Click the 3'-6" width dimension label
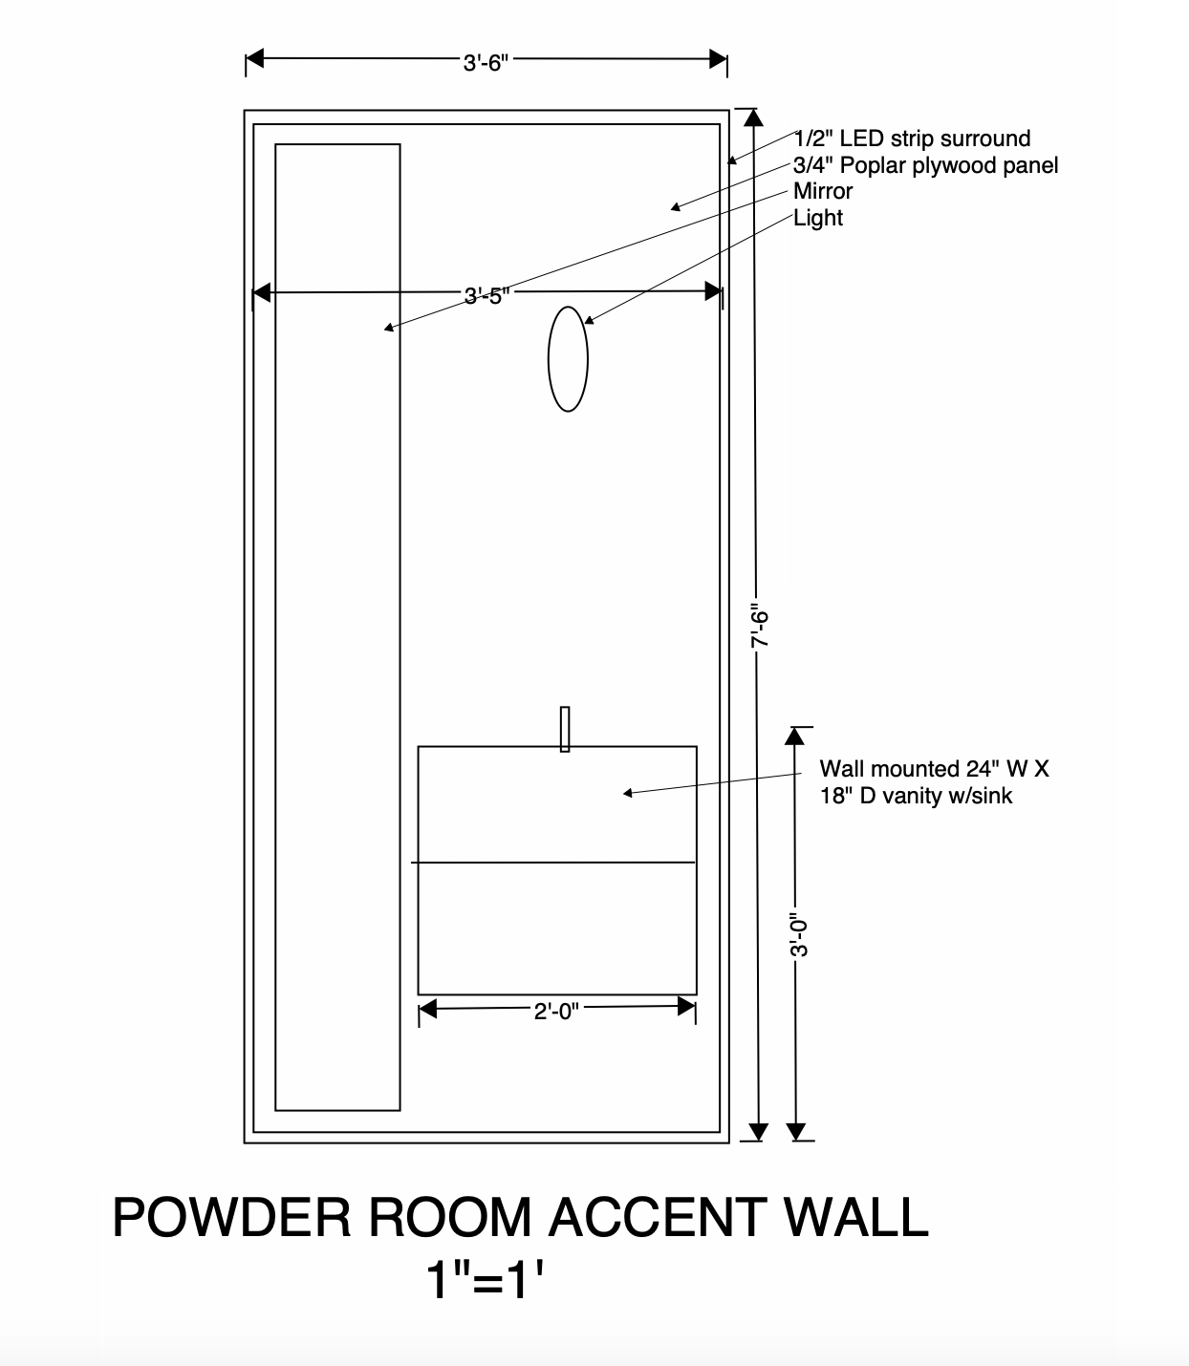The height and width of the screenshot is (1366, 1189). (x=486, y=63)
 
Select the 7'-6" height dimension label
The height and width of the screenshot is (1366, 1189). (x=760, y=626)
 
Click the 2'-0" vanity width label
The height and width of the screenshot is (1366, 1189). (x=556, y=1011)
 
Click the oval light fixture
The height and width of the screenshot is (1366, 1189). (x=568, y=359)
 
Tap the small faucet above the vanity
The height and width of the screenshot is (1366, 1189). (x=565, y=729)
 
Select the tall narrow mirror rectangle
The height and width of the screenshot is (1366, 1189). (x=337, y=627)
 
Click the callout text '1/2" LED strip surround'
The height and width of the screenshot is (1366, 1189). (x=912, y=139)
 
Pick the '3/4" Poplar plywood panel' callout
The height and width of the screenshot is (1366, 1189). (x=925, y=165)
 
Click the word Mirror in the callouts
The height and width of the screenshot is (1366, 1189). (x=822, y=191)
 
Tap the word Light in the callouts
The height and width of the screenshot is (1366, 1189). (x=818, y=218)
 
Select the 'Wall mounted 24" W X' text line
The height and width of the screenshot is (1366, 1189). (x=934, y=769)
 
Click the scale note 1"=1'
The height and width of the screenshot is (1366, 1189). (x=490, y=1280)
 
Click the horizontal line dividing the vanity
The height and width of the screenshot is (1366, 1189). (x=554, y=863)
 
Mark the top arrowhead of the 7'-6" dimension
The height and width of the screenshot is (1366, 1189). (x=754, y=117)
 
